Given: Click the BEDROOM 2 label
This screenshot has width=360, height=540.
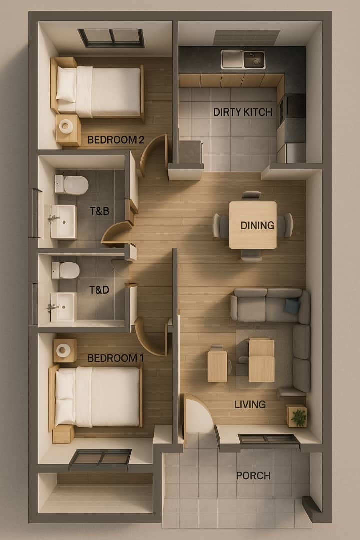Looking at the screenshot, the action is pos(116,140).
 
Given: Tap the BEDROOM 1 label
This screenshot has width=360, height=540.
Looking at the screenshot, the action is pos(115,358).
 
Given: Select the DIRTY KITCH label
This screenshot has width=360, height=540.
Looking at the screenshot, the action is pos(243,112).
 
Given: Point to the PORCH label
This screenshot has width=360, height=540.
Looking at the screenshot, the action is pos(253,476).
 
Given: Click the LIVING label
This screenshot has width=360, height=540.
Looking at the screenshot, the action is pos(250,404).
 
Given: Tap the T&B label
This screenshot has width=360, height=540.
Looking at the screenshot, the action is pos(99,211).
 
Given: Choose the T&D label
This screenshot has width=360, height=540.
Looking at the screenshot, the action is pos(99,290).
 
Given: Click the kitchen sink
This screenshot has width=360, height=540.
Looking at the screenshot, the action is pos(243,59).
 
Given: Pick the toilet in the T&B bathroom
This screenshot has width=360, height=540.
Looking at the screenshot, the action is pos(71,185).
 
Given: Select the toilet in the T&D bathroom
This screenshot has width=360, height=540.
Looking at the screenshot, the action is pos(66,270).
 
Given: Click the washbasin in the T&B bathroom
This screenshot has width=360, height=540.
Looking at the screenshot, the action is pos(63,222).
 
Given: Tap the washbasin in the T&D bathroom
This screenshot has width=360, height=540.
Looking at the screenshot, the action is pos(63,307).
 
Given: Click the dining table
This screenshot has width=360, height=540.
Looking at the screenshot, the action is pos(253,225).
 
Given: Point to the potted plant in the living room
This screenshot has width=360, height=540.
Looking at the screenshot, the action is pos(297,416).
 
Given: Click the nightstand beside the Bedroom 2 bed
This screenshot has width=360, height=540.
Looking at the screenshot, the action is pos(68,130).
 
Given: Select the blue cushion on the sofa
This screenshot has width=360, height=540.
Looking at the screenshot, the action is pos(292,306).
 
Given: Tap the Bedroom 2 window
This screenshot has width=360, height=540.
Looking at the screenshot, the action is pos(111,38).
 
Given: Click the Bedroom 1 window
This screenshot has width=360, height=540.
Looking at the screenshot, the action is pos(100,460).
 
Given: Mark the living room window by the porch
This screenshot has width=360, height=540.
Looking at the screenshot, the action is pos(269,440).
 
